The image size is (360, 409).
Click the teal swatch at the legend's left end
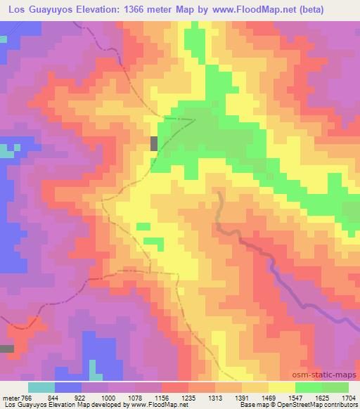[x=41, y=388]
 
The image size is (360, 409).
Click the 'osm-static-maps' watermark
[x=330, y=376]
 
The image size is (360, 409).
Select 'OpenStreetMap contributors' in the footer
[x=314, y=404]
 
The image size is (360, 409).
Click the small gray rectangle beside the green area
[x=153, y=143]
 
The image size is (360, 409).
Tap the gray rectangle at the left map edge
[x=6, y=349]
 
